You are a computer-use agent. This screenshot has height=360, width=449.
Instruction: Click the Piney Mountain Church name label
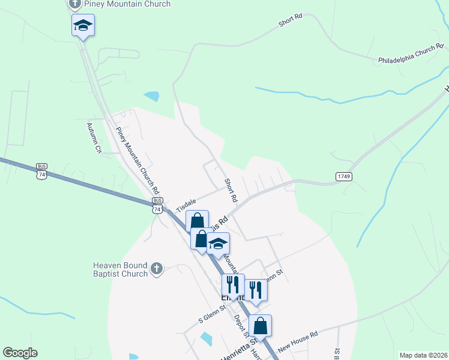127,4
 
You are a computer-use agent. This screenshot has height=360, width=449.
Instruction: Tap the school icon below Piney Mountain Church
83,26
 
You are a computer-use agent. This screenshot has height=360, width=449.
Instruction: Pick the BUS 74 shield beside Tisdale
157,206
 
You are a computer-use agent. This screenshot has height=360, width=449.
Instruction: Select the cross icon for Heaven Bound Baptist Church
156,268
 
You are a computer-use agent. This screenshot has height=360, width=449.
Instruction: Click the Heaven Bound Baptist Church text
120,270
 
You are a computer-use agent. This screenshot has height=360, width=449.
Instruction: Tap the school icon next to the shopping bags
218,244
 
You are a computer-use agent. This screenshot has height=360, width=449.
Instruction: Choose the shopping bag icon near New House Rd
260,325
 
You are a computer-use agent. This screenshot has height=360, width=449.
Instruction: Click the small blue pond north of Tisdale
152,95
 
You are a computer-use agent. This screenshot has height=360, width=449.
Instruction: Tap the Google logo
20,353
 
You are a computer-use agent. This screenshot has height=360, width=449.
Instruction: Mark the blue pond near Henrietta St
206,339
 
